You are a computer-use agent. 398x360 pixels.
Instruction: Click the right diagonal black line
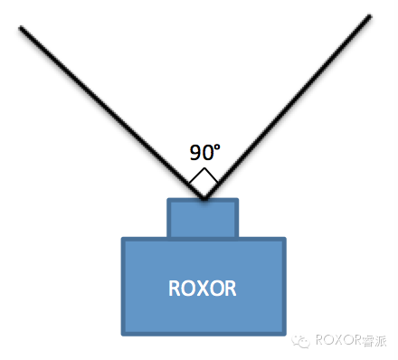289,104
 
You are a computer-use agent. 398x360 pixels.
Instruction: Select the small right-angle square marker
204,180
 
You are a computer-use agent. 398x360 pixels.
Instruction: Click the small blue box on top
204,218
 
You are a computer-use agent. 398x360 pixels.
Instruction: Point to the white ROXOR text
203,289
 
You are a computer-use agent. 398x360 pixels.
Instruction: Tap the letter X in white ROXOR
204,289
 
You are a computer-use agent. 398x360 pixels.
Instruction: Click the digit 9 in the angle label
194,153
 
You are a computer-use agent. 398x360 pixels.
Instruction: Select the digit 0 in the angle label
205,153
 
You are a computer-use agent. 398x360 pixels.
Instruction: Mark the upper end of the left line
22,28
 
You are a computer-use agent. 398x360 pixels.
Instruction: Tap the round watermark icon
302,341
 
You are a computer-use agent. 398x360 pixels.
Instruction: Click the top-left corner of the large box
123,239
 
